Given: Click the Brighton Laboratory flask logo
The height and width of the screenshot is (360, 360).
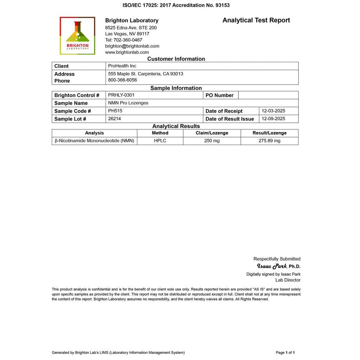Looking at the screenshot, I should [x=77, y=35].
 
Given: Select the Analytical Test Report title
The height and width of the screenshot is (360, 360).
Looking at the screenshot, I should [x=256, y=20].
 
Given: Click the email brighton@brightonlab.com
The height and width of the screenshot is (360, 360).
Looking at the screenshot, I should [x=132, y=46].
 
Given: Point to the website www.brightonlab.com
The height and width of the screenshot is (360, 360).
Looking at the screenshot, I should [x=127, y=52].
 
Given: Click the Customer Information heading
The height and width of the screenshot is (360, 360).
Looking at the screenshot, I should [x=176, y=59].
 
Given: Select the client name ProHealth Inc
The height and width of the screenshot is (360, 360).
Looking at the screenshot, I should [x=122, y=66].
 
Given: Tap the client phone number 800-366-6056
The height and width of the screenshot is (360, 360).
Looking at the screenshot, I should [x=122, y=80].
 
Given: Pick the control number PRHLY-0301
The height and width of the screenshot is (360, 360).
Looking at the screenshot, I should [x=121, y=95].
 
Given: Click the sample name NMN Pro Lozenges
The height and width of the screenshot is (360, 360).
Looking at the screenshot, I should [x=128, y=103].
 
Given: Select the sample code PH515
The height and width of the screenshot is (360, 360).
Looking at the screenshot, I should [x=115, y=111].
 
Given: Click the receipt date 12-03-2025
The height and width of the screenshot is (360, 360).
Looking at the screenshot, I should [x=273, y=111].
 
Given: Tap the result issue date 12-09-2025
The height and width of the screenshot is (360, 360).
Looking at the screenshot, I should [x=273, y=118].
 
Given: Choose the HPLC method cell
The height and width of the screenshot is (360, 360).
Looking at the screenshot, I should [x=160, y=141].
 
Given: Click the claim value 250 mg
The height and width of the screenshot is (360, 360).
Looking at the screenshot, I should [x=212, y=141].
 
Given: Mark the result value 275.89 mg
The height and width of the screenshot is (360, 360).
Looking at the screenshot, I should [x=269, y=141].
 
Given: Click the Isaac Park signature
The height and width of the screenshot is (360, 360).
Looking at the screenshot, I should [x=272, y=266].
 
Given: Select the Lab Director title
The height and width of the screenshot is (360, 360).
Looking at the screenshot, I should [x=288, y=280].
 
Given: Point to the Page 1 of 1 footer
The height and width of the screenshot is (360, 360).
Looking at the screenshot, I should [x=285, y=352].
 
